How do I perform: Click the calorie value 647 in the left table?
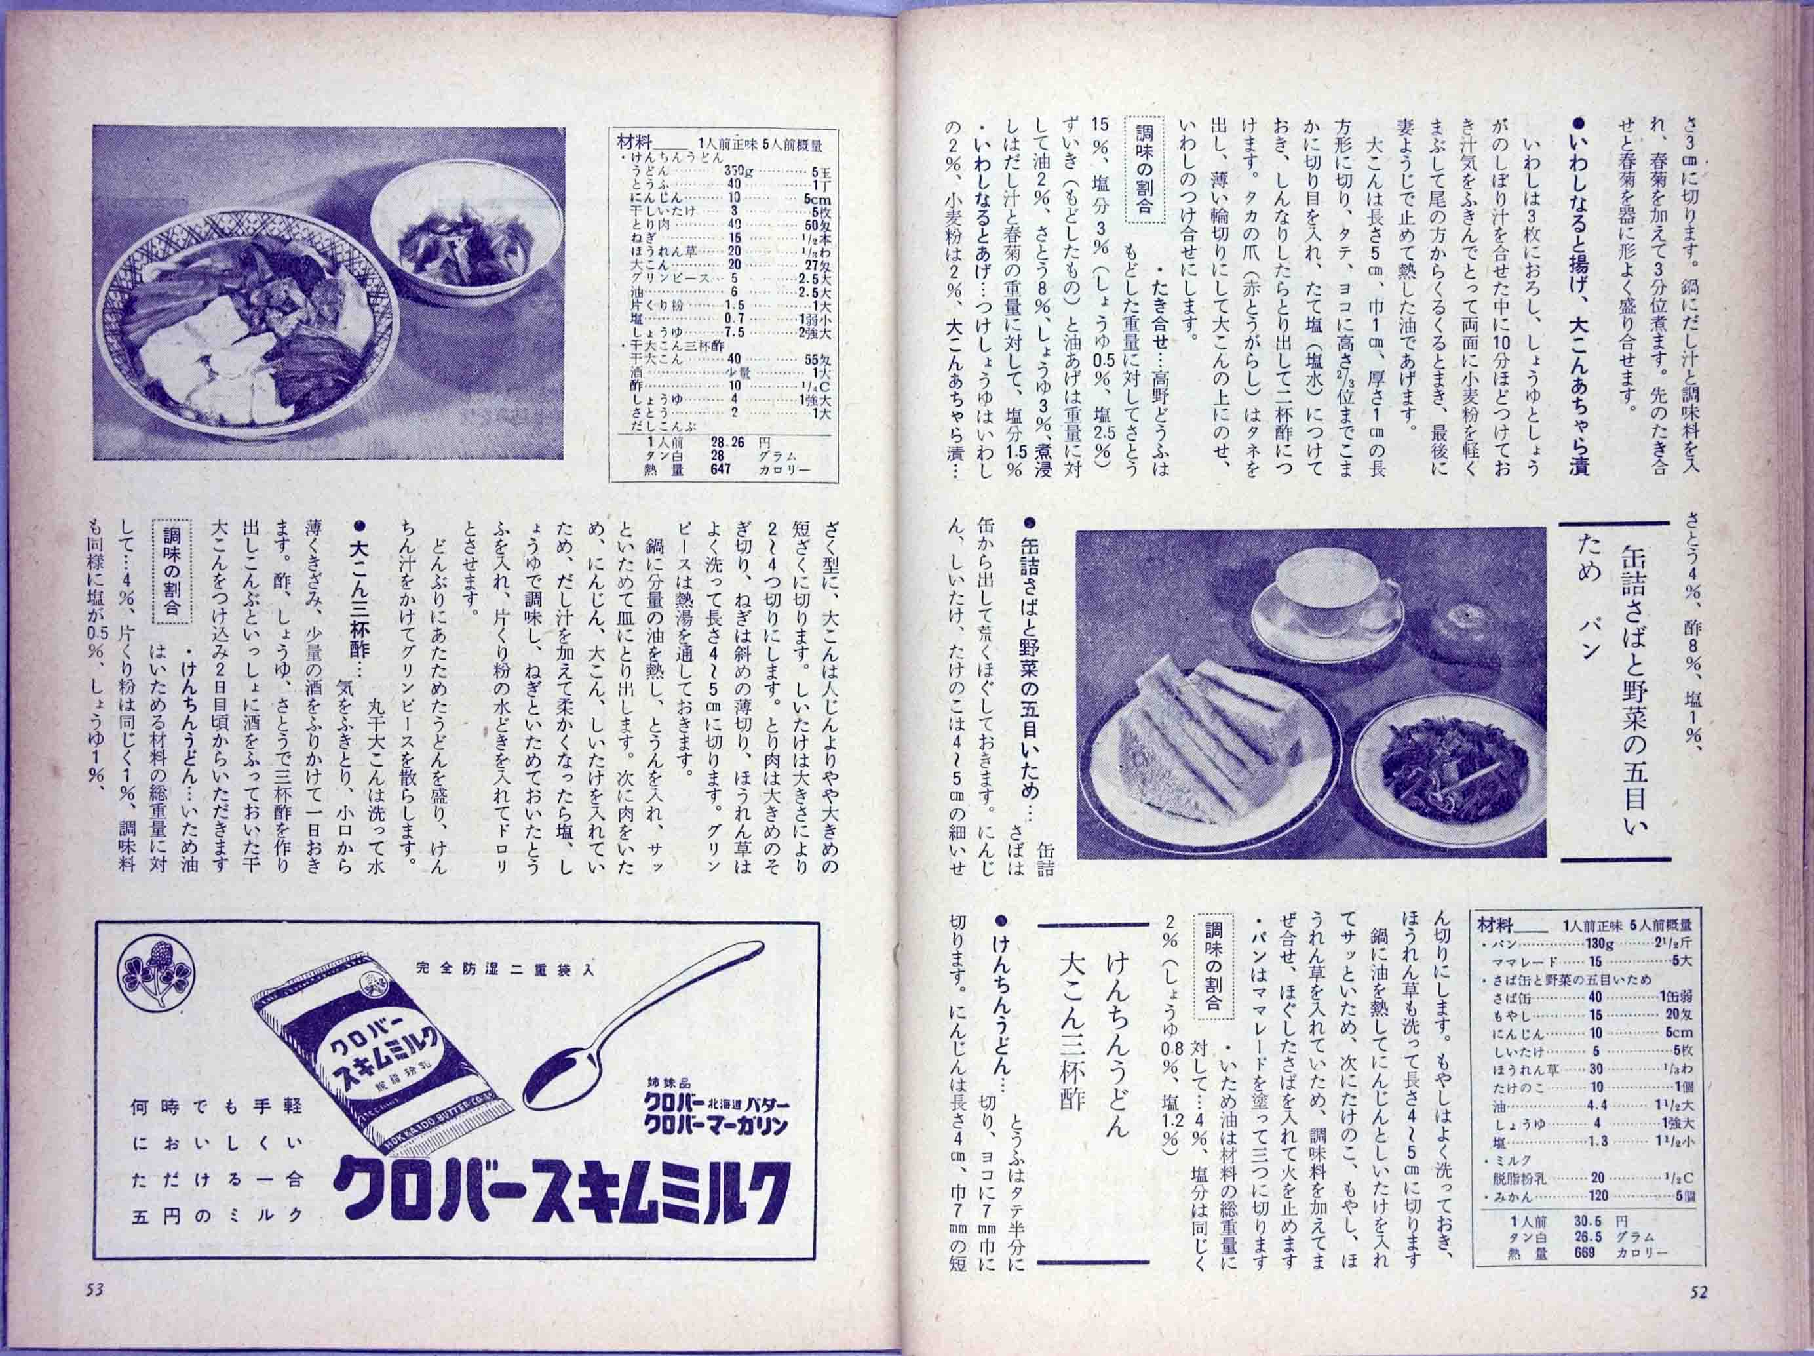coord(722,470)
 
